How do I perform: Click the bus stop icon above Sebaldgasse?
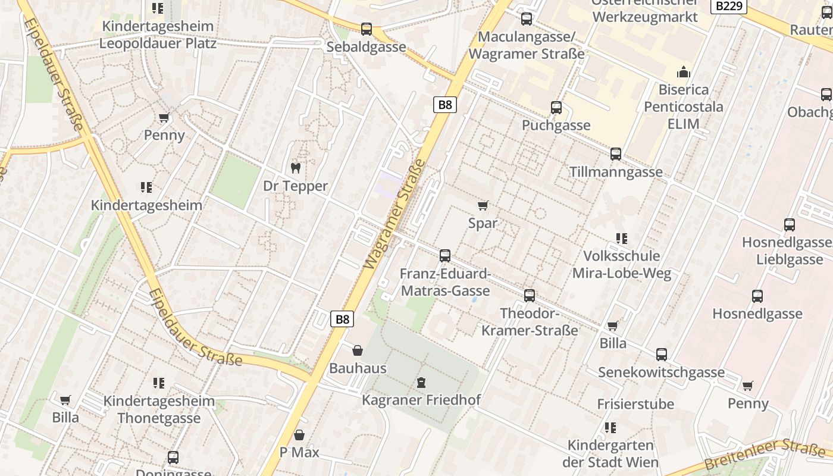pos(367,29)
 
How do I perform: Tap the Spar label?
pos(483,224)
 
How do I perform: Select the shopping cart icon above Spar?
pos(483,206)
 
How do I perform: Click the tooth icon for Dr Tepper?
pos(295,168)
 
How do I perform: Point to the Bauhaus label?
pos(358,368)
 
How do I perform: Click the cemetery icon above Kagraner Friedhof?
pos(421,382)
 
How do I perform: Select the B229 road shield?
pos(729,6)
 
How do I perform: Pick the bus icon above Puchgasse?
pos(556,108)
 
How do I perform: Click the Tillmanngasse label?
pos(616,172)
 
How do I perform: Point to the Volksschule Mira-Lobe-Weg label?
pos(622,265)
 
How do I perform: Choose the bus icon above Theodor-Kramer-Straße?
pos(530,296)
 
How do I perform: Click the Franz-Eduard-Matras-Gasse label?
pos(445,283)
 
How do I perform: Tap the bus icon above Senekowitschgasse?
pos(662,355)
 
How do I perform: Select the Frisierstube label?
pos(635,405)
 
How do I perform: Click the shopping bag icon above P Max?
pos(299,435)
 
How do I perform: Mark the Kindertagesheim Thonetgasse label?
pos(159,409)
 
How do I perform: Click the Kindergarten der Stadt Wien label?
pos(610,453)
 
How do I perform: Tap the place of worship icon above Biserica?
pos(684,73)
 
